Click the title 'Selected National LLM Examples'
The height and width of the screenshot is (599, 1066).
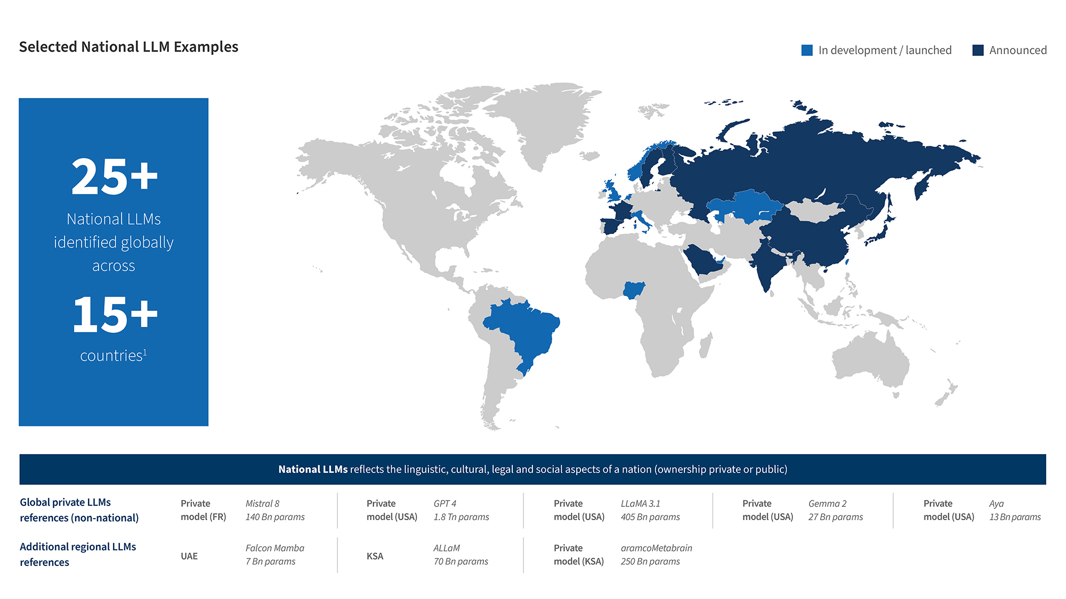pos(128,47)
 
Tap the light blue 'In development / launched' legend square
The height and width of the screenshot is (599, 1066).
pos(807,50)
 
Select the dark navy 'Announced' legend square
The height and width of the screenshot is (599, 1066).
pos(978,50)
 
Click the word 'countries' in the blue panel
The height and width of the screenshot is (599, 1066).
pos(111,356)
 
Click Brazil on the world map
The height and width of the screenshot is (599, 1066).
pos(525,330)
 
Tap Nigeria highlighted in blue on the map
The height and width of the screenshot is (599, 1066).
pos(634,290)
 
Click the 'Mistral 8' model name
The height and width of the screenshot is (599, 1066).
pos(262,504)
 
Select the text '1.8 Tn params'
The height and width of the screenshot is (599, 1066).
pos(461,517)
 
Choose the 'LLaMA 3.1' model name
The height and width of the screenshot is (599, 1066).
pos(640,504)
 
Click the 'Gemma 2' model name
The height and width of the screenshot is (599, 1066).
pos(827,504)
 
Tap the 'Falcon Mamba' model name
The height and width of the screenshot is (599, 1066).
pos(274,548)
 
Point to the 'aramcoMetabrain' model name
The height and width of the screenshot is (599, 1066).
pos(656,548)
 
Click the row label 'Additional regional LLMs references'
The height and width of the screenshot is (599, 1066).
pos(78,554)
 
